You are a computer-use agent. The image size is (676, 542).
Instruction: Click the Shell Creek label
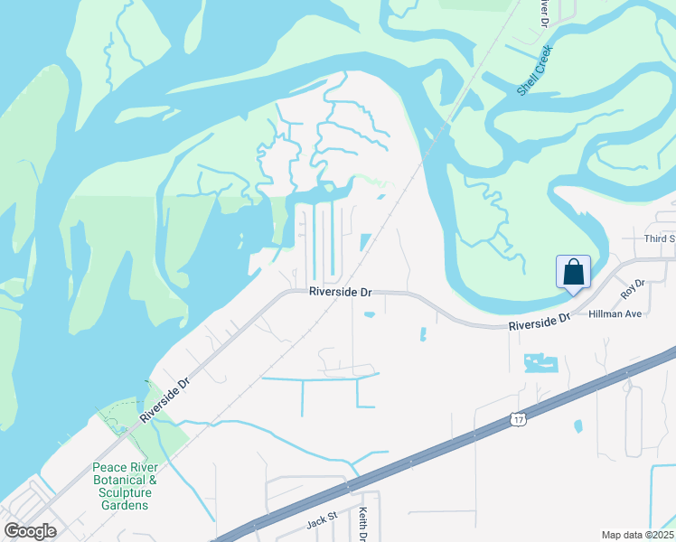534,70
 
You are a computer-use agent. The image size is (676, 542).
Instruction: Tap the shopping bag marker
573,273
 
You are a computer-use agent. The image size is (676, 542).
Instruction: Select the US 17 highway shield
517,419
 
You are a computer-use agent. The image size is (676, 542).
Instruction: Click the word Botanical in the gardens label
125,480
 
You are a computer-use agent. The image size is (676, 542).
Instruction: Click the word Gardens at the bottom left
125,505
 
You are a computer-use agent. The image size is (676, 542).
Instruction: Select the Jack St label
321,520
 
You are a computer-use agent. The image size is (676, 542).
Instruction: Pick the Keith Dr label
362,524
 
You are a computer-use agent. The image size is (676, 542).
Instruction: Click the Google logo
30,531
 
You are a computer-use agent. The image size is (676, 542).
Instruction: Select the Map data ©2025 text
638,535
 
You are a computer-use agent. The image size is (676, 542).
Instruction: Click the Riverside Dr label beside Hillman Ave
540,322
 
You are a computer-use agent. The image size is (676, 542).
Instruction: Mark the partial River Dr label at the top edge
544,10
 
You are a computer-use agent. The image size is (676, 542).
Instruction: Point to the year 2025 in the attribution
663,535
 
